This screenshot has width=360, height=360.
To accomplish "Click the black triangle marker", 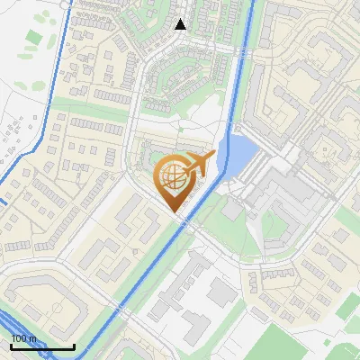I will pyautogui.click(x=181, y=24).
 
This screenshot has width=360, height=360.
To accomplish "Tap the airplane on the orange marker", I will pyautogui.click(x=196, y=165).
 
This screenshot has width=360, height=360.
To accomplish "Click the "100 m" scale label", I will pyautogui.click(x=23, y=338).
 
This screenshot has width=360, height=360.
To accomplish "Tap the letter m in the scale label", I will pyautogui.click(x=32, y=338).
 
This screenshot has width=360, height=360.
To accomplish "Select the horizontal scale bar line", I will pyautogui.click(x=42, y=346).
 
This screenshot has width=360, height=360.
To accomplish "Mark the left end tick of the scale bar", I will pyautogui.click(x=11, y=345).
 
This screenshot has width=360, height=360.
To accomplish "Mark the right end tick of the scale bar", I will pyautogui.click(x=74, y=345).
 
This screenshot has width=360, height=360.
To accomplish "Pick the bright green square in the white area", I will pyautogui.click(x=33, y=39).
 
